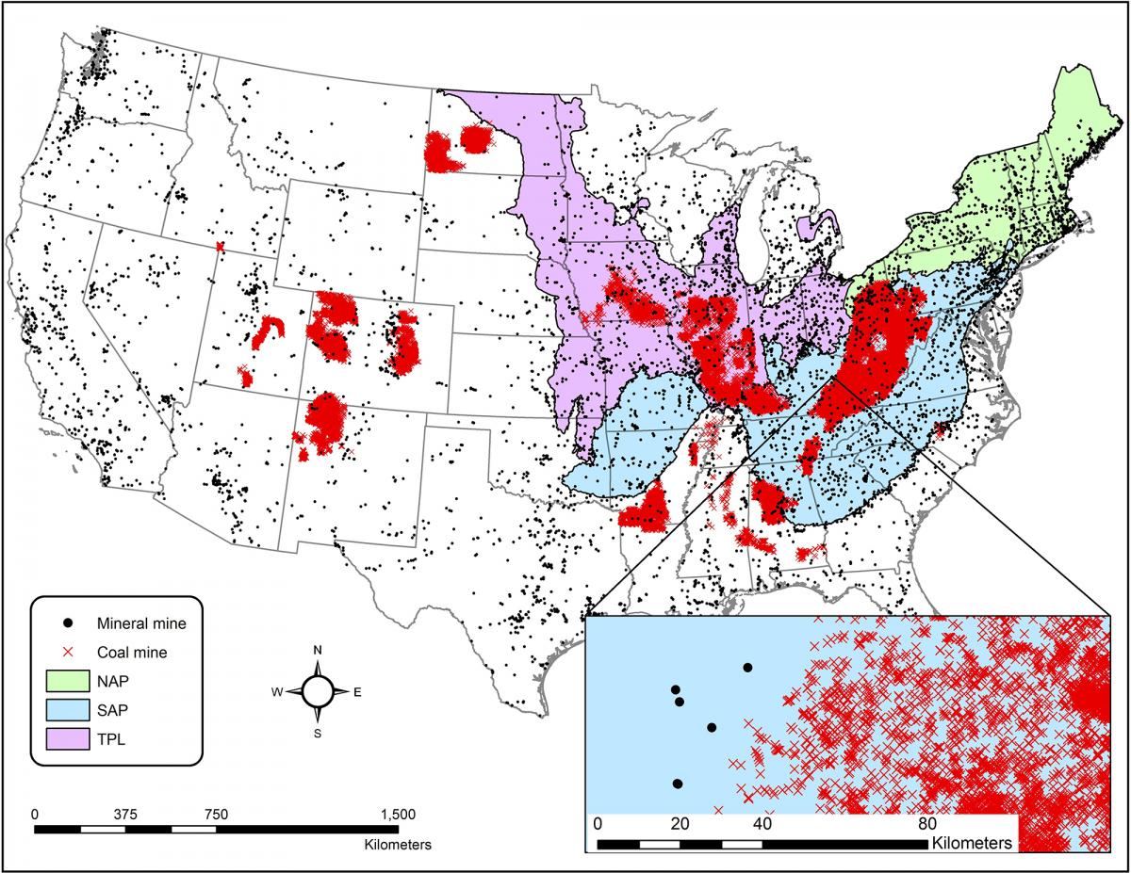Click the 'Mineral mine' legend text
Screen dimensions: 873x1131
[x=141, y=622]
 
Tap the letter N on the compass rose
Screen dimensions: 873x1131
[x=319, y=651]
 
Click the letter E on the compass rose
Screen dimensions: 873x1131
[x=358, y=692]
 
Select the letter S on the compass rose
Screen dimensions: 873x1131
[x=319, y=733]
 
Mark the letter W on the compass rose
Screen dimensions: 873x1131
[x=277, y=692]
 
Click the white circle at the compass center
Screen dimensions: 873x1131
[x=319, y=692]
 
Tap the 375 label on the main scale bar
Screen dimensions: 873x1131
[x=126, y=815]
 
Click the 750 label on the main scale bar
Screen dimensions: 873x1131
[x=217, y=815]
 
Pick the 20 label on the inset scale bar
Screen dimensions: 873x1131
[x=679, y=824]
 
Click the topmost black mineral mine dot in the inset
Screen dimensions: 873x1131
[x=747, y=667]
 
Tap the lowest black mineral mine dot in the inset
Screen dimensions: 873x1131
[x=678, y=784]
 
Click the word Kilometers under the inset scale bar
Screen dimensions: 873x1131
[x=972, y=841]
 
